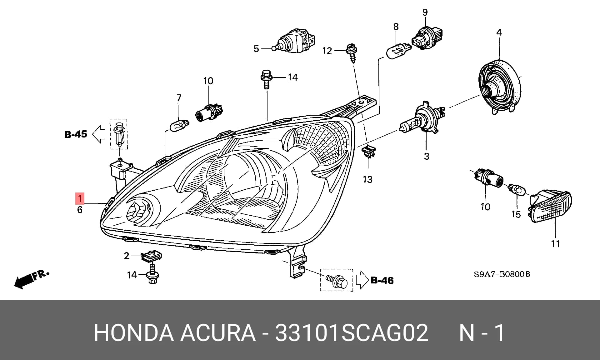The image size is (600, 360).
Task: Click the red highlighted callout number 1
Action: click(x=80, y=198)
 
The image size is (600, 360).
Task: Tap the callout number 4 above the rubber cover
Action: click(x=499, y=32)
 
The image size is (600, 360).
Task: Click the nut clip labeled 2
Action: click(x=152, y=256)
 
